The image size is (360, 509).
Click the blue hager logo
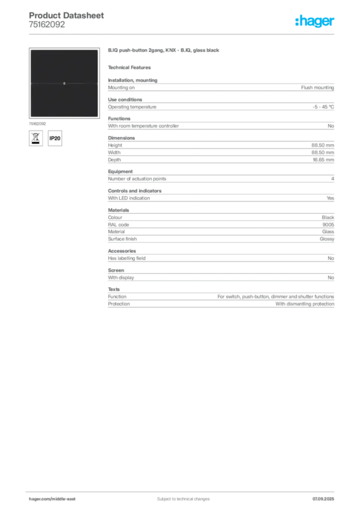point(315,21)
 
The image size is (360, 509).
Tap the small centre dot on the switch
point(64,84)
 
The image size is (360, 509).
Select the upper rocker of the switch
point(64,66)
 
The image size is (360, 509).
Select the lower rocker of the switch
point(64,100)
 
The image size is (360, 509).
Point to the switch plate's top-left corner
point(30,50)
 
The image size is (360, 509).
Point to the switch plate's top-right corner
point(98,50)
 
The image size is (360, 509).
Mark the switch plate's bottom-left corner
point(30,117)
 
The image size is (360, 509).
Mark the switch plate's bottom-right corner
point(98,117)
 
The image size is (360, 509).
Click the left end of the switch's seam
point(30,84)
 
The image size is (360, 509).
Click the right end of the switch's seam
point(97,84)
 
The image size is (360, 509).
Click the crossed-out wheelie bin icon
point(35,138)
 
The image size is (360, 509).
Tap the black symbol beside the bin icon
point(56,138)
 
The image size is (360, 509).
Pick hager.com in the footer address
point(40,499)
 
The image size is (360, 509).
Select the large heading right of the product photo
point(164,51)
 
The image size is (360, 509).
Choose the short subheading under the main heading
point(131,68)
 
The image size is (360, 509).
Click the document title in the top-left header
point(67,15)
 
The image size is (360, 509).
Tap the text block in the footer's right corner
point(324,497)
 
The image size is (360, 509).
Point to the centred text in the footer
point(180,497)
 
